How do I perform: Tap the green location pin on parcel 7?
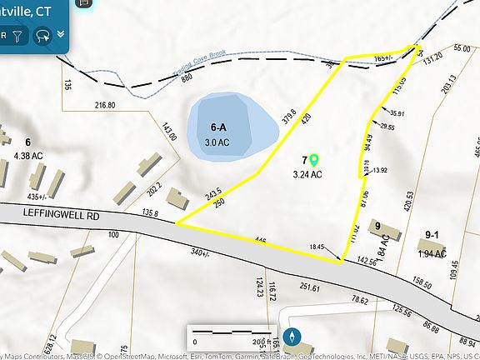coord(315,159)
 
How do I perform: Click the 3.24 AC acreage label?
coord(308,175)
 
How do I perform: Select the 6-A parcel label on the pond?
coord(219,128)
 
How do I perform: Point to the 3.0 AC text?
coord(217,142)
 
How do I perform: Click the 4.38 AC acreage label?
coord(29,154)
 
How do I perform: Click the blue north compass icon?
coord(292,337)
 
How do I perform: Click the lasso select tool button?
coord(42,36)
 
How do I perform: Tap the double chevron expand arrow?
coord(61,34)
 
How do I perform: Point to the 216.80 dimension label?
coord(105,106)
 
